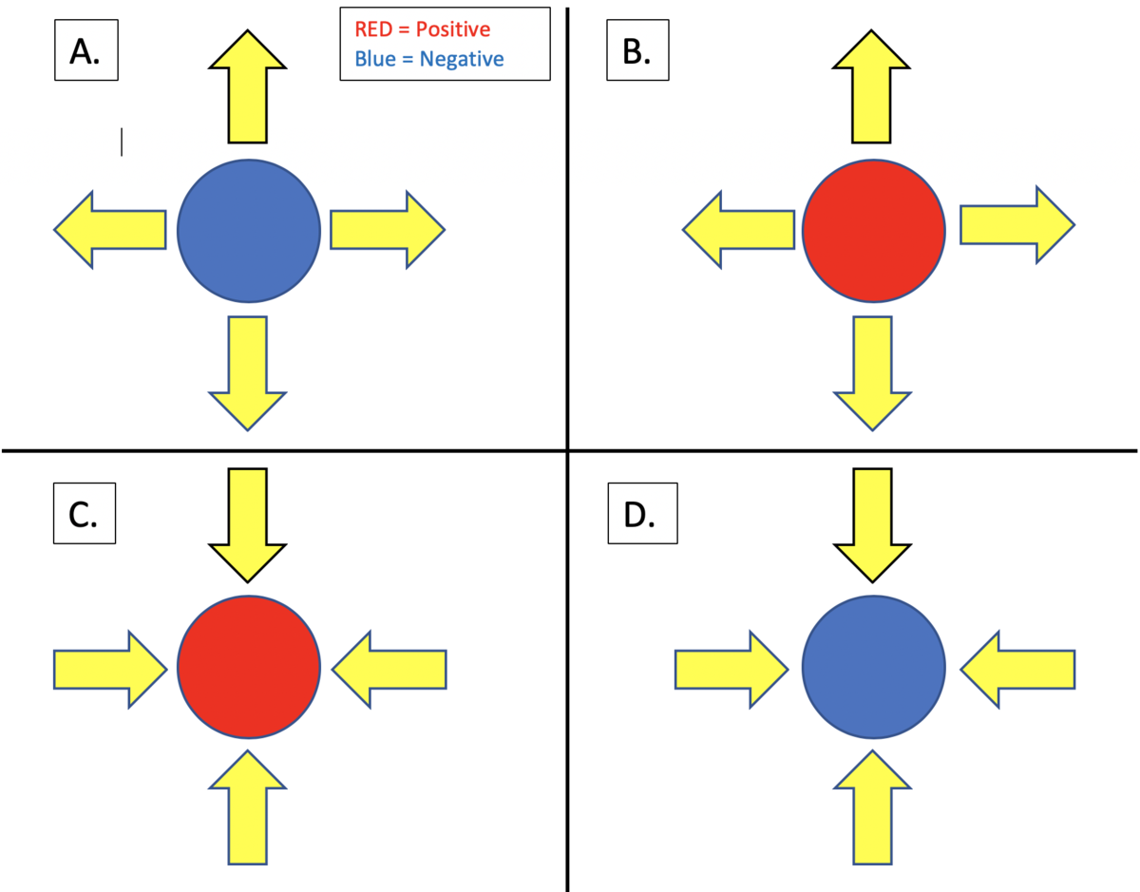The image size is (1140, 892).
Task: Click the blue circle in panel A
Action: (248, 231)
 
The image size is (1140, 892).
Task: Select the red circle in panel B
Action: (873, 231)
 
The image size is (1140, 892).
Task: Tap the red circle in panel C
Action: (248, 667)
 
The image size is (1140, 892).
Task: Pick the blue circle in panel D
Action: (873, 667)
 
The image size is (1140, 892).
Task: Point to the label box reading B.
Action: (642, 52)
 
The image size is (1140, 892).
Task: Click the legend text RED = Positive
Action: (423, 30)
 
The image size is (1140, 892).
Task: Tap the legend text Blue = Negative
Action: (429, 59)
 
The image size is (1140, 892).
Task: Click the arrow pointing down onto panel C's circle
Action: (247, 522)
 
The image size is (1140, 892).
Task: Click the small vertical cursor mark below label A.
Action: (122, 142)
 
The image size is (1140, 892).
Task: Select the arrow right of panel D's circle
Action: (1018, 670)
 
